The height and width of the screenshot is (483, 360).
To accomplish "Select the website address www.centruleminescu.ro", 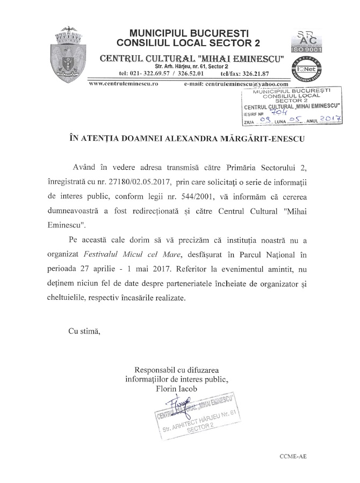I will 116,84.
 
